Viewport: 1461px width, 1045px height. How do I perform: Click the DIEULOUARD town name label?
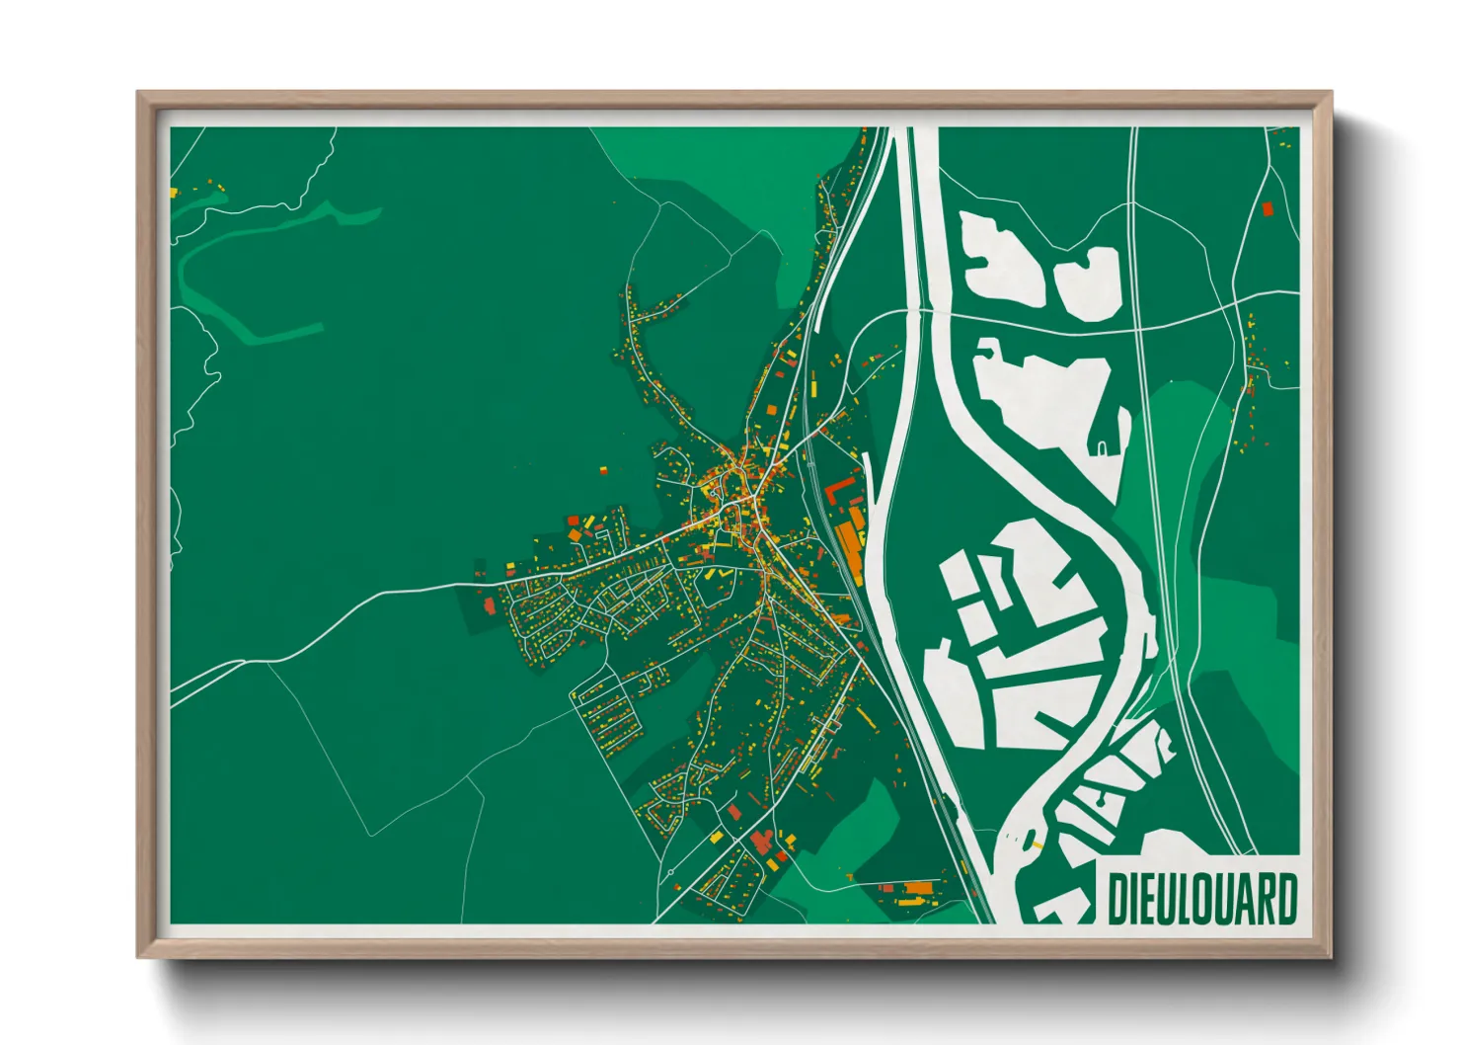click(1201, 899)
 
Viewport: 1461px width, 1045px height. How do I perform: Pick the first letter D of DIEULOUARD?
click(1117, 899)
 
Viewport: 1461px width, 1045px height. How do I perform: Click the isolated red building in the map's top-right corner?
click(1268, 208)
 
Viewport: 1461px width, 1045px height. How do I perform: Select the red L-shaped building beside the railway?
click(838, 488)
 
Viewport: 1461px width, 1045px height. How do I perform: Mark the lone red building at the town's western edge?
click(489, 605)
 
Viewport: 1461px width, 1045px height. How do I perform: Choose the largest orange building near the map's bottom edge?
click(919, 888)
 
